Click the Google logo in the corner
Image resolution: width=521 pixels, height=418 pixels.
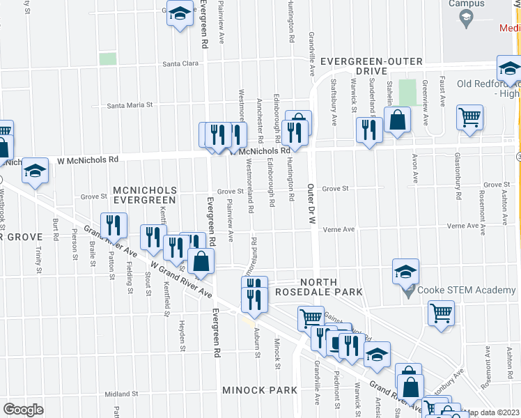pyautogui.click(x=23, y=409)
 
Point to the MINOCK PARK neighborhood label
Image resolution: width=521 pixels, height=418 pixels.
pyautogui.click(x=260, y=390)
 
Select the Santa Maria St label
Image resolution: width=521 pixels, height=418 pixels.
pyautogui.click(x=130, y=106)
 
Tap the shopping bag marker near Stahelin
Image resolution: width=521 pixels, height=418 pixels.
pyautogui.click(x=396, y=118)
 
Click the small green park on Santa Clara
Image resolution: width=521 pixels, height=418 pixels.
pyautogui.click(x=107, y=59)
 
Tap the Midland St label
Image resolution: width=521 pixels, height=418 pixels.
pyautogui.click(x=118, y=394)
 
